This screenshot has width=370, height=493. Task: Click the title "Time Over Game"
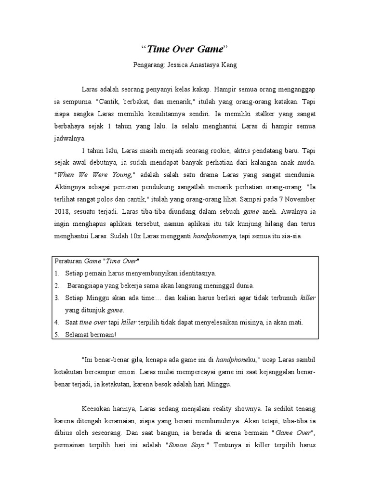185,49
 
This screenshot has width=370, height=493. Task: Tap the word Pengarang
147,65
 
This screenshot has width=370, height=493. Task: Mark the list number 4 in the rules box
56,322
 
